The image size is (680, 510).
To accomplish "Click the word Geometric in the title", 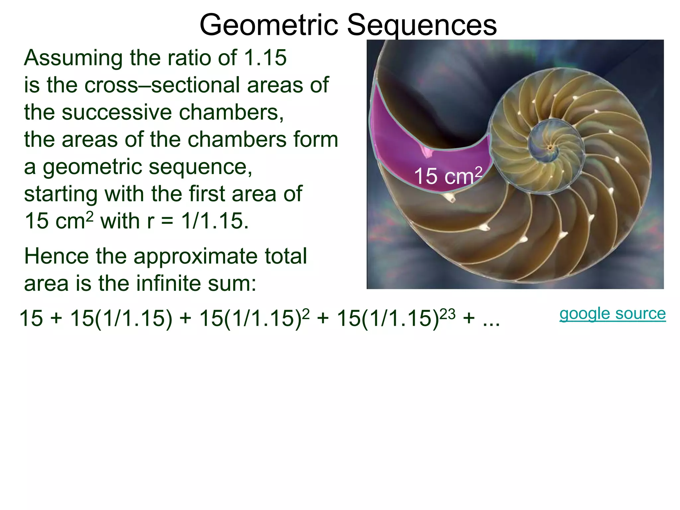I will click(268, 25).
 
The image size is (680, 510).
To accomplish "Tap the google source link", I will click(613, 314).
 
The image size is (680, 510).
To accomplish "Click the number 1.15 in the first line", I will click(265, 58).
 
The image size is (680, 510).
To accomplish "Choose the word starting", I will click(61, 194).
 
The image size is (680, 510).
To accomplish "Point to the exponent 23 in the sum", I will click(447, 314).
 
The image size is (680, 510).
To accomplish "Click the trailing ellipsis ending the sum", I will click(491, 319).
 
